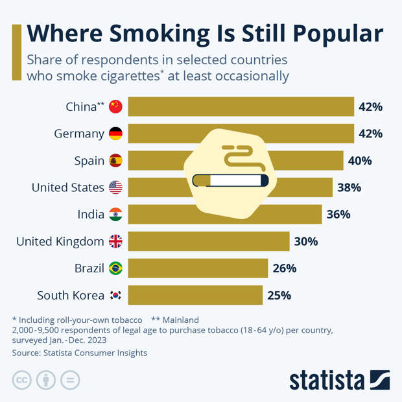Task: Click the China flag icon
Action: coord(115,107)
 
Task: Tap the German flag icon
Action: coord(115,134)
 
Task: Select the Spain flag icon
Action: coord(115,161)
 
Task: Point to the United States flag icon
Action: coord(115,187)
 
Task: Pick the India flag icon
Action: coord(115,215)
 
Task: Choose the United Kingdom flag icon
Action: coord(115,241)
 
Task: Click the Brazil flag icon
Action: coord(115,268)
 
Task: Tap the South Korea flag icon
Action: coord(115,295)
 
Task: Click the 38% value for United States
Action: coord(349,188)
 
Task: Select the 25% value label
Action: coord(279,296)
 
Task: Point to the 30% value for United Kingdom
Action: coord(306,242)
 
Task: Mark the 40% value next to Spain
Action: coord(360,161)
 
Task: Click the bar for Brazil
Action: coord(198,268)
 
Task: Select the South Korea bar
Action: coord(195,295)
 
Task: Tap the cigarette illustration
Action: coord(231,179)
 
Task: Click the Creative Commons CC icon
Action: coord(22,380)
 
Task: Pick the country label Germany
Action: coord(79,134)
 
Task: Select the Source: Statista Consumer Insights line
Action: coord(80,353)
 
